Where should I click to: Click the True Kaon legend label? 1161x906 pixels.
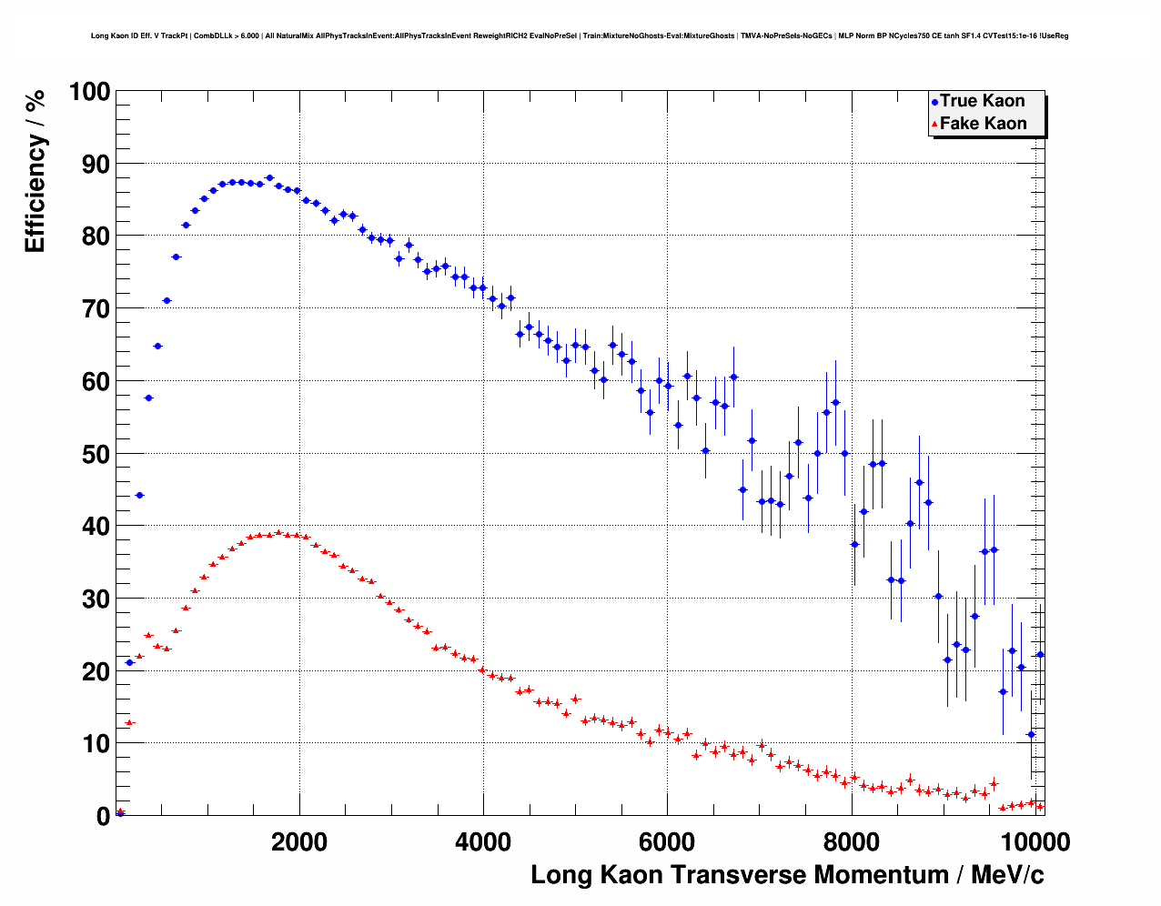pyautogui.click(x=982, y=101)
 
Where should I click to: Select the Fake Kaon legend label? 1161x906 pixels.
pyautogui.click(x=983, y=124)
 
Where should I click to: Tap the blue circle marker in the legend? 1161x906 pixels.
pyautogui.click(x=934, y=102)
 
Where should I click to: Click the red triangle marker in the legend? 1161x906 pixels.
pyautogui.click(x=934, y=125)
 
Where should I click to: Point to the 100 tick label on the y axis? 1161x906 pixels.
pyautogui.click(x=89, y=92)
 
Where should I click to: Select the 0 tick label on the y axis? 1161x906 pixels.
pyautogui.click(x=103, y=816)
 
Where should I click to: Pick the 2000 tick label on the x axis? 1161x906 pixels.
pyautogui.click(x=299, y=842)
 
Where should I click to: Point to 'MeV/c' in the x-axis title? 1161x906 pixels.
pyautogui.click(x=1007, y=875)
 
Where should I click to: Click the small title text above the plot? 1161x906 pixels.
pyautogui.click(x=580, y=36)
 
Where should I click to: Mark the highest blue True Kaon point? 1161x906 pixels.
pyautogui.click(x=269, y=178)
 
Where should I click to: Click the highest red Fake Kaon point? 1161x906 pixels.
pyautogui.click(x=278, y=533)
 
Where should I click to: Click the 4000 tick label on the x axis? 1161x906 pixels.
pyautogui.click(x=483, y=842)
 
